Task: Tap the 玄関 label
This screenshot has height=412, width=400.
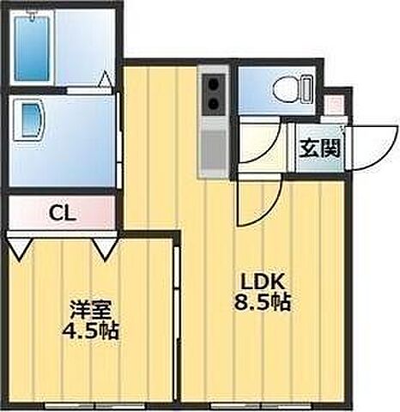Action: [x=319, y=148]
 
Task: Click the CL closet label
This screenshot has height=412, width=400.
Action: [x=60, y=212]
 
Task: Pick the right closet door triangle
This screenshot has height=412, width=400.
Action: [x=106, y=249]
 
